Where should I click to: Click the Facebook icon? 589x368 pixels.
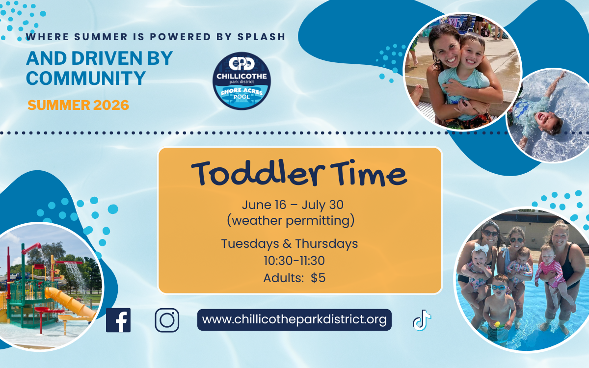[118, 320]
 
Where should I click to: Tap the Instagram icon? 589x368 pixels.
[167, 320]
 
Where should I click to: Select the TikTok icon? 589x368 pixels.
[422, 320]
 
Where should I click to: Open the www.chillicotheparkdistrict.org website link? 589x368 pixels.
[294, 319]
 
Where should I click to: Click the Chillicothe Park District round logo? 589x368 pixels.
[241, 80]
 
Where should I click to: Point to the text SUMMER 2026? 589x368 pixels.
[79, 105]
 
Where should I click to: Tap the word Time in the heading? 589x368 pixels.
[369, 174]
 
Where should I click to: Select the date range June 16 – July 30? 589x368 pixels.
[293, 205]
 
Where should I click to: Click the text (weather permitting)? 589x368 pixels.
[291, 220]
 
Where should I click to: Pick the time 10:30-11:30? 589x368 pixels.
[294, 261]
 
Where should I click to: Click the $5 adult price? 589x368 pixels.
[318, 278]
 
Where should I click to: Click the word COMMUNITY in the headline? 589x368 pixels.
[86, 78]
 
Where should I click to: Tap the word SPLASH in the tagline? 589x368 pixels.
[261, 37]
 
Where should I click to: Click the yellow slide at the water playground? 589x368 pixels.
[70, 302]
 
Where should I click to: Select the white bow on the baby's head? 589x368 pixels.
[481, 248]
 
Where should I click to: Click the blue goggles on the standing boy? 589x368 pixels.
[499, 288]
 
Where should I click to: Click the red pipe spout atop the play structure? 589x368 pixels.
[31, 248]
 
